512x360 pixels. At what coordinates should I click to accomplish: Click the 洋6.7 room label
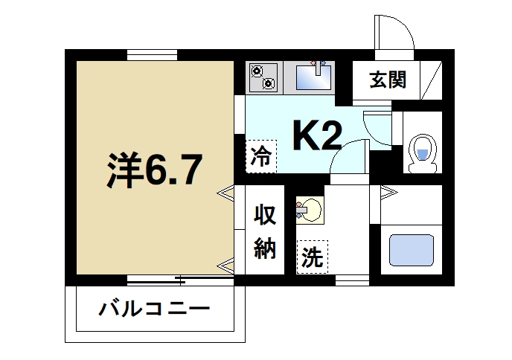point(153,171)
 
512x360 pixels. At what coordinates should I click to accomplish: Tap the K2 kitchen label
point(317,136)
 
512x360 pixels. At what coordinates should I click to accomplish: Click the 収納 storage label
point(266,231)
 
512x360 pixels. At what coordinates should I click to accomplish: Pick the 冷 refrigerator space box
point(260,156)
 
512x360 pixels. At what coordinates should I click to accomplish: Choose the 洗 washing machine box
point(311,257)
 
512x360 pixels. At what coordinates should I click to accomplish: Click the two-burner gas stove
point(262,77)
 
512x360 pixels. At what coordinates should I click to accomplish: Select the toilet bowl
point(421,152)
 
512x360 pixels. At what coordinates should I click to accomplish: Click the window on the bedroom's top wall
point(152,54)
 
